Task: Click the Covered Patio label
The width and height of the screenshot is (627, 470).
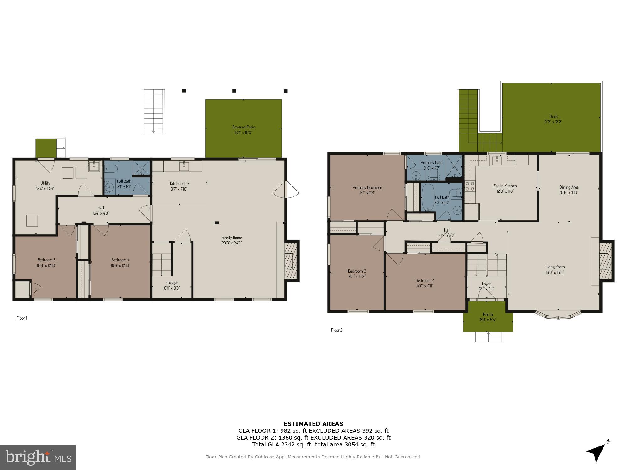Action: [243, 127]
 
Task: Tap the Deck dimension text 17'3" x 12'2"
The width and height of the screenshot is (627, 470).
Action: [553, 122]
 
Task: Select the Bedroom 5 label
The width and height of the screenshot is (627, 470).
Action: [46, 260]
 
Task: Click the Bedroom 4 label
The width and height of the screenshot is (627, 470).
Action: [120, 260]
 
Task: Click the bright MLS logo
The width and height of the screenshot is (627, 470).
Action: [38, 457]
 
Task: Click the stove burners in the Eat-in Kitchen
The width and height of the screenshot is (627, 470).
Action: [470, 186]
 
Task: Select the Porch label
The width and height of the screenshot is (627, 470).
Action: [488, 314]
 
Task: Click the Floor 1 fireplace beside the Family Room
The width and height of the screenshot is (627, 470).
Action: [292, 260]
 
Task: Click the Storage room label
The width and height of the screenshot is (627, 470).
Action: [171, 282]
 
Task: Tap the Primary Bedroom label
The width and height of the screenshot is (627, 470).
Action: [367, 187]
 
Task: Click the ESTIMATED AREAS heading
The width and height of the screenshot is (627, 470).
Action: [313, 424]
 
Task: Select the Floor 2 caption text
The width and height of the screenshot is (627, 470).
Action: [337, 330]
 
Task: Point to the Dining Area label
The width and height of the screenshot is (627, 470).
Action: [569, 187]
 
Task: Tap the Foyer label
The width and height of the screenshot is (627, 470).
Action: [486, 284]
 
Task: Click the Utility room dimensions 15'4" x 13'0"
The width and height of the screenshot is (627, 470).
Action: [45, 189]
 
